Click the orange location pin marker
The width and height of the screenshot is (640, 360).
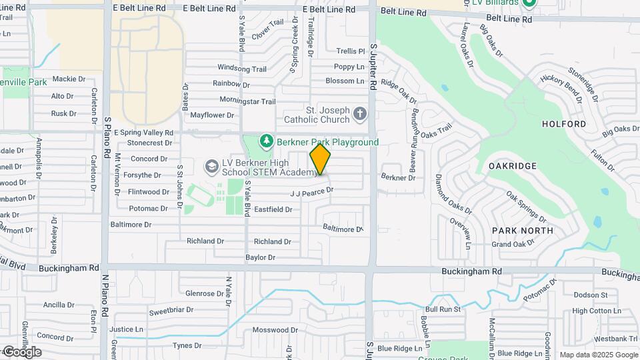click(x=321, y=159)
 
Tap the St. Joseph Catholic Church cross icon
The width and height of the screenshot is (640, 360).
click(x=360, y=114)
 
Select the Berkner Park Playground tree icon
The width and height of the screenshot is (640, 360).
click(x=267, y=141)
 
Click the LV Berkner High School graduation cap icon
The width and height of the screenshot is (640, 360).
click(x=212, y=165)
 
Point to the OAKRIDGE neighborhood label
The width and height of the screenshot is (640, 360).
click(x=513, y=165)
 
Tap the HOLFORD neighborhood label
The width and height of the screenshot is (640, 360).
click(x=564, y=124)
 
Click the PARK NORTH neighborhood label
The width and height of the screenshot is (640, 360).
click(x=523, y=231)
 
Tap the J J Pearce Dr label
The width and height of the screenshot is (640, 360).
click(x=311, y=192)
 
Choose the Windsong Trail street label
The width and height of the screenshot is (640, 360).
click(x=242, y=69)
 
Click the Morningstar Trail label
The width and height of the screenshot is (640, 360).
click(x=247, y=101)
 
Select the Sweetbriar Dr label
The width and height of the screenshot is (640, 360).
click(x=171, y=311)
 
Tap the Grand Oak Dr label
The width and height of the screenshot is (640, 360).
click(x=513, y=244)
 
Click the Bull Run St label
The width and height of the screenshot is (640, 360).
click(x=443, y=309)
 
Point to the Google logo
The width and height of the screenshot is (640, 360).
click(x=21, y=352)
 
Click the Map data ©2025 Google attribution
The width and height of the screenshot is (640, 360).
click(x=599, y=355)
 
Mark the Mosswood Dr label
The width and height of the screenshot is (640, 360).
click(x=274, y=330)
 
